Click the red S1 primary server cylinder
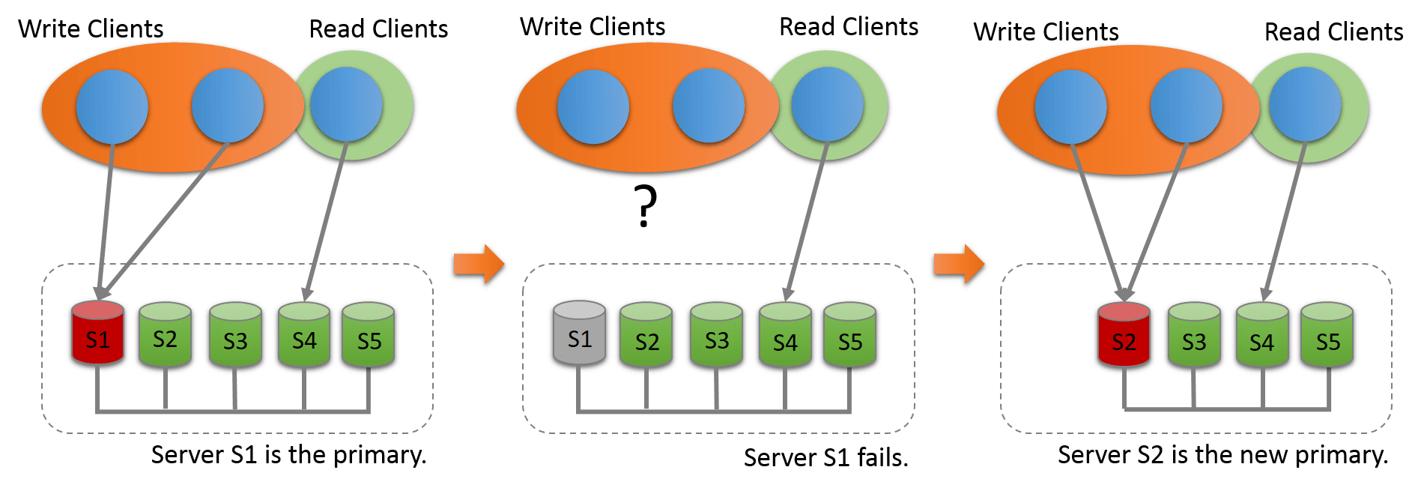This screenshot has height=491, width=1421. tap(97, 334)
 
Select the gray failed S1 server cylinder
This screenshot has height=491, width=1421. tap(579, 334)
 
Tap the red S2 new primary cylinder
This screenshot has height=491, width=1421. tap(1124, 336)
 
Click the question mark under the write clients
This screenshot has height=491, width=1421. tap(645, 206)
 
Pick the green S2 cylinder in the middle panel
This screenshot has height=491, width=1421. tap(646, 336)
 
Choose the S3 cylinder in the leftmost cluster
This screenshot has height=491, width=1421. tap(235, 336)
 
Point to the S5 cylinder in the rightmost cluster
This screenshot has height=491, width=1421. tap(1327, 336)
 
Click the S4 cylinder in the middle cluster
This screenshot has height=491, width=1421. tap(785, 336)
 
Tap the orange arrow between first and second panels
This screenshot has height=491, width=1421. tap(479, 264)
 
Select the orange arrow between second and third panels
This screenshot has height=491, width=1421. tap(959, 264)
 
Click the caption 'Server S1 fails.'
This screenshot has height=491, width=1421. tap(825, 457)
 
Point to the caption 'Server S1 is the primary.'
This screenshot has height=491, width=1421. tap(288, 454)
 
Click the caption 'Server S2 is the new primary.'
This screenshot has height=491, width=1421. tap(1222, 454)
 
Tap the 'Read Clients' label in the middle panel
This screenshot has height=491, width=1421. tap(849, 27)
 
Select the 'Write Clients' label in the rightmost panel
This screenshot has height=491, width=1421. tap(1046, 32)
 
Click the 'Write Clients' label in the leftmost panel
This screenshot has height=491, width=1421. tap(91, 29)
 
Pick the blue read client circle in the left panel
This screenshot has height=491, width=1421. tap(346, 105)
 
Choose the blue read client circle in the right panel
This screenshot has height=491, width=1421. tap(1305, 105)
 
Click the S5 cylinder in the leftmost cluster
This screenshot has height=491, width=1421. tap(369, 336)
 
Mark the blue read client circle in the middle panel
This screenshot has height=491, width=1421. tap(827, 105)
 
